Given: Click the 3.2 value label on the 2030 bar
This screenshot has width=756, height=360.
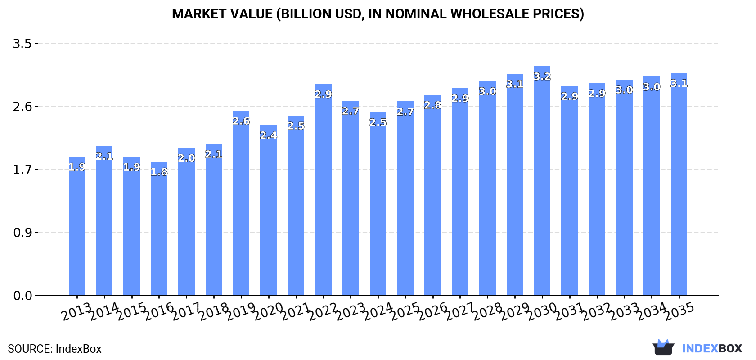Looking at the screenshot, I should point(542,76).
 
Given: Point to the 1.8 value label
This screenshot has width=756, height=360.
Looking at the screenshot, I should point(159,172).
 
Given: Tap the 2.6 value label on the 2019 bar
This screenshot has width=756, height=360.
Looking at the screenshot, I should point(241,121).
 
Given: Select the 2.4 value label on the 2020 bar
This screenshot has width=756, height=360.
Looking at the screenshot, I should point(269,135).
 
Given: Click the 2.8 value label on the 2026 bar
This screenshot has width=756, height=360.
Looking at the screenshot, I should point(433,105).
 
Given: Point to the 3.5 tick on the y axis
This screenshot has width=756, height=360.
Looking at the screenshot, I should point(22,44).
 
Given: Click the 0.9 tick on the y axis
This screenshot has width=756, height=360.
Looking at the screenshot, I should point(22,233).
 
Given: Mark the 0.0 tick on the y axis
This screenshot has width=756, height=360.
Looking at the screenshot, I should point(22,296).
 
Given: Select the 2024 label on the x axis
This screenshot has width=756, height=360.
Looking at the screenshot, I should point(377,311).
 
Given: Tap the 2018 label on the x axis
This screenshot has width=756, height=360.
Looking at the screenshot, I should point(213,311).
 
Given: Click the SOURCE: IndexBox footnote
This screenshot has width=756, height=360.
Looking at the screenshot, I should point(54,349).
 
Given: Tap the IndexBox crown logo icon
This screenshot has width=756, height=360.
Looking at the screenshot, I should point(663,347).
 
